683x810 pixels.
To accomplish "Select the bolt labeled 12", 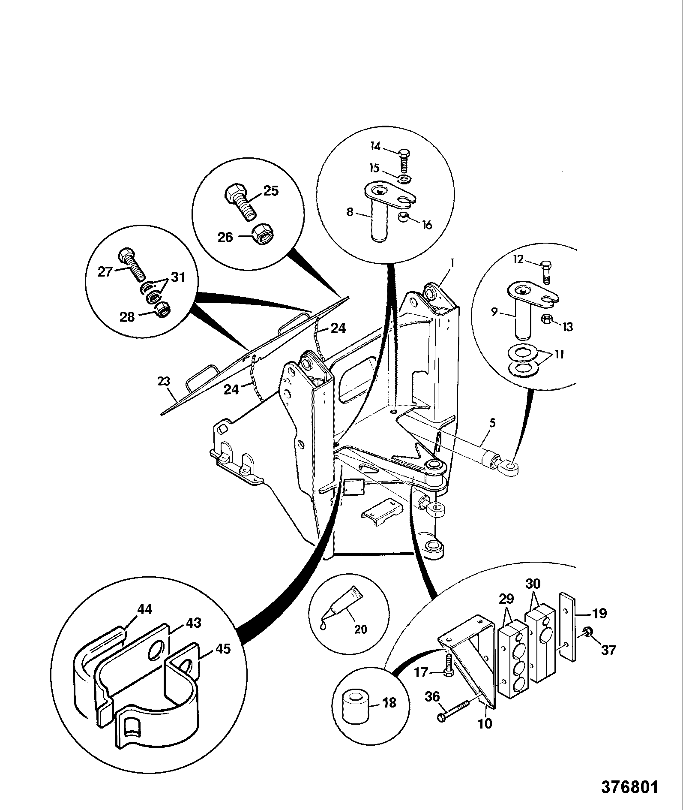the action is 546,272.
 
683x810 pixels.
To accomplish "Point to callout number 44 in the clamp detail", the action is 145,609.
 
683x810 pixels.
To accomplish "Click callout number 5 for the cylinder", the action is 492,423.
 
